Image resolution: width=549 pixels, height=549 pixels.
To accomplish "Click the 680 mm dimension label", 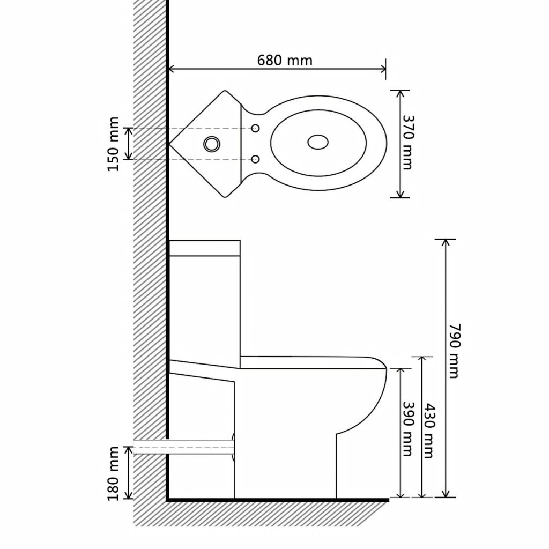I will pyautogui.click(x=284, y=60).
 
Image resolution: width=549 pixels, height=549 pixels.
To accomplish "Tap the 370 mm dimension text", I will pyautogui.click(x=407, y=143).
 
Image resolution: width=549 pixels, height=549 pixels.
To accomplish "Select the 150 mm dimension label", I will pyautogui.click(x=113, y=144).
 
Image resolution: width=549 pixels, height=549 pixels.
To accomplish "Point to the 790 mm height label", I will pyautogui.click(x=454, y=351).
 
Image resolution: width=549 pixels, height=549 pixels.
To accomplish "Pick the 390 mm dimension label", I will pyautogui.click(x=407, y=429).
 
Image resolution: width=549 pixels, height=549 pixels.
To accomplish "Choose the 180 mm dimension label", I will pyautogui.click(x=113, y=473).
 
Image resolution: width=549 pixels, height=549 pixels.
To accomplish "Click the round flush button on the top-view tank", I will pyautogui.click(x=211, y=143).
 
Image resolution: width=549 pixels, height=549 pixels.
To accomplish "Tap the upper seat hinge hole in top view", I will pyautogui.click(x=256, y=128).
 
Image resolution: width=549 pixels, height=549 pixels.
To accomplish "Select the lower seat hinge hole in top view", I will pyautogui.click(x=256, y=159).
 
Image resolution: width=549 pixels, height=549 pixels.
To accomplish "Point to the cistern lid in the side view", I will pyautogui.click(x=204, y=247).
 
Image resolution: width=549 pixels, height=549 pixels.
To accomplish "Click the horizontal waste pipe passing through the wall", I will pyautogui.click(x=182, y=446).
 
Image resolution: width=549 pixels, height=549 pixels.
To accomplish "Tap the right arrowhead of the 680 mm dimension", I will pyautogui.click(x=383, y=69).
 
